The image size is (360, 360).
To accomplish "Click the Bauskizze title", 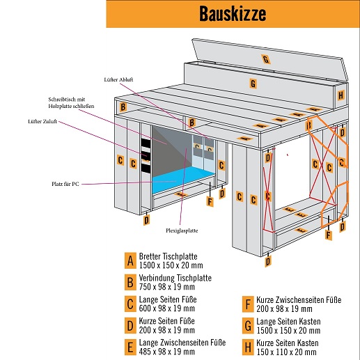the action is pyautogui.click(x=233, y=14).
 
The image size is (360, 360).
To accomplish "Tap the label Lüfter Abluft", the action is pyautogui.click(x=118, y=79).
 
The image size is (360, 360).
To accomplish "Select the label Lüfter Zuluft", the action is pyautogui.click(x=42, y=121).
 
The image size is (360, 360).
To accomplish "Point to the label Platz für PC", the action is pyautogui.click(x=65, y=184).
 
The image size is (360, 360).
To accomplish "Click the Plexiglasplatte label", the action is pyautogui.click(x=182, y=230).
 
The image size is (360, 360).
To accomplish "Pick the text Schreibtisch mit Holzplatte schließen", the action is pyautogui.click(x=71, y=102).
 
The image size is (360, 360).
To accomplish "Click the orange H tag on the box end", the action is pyautogui.click(x=341, y=95).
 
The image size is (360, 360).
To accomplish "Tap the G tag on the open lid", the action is pyautogui.click(x=266, y=59).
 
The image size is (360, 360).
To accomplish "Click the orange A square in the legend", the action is pyautogui.click(x=130, y=260).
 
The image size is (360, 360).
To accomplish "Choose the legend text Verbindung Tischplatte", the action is pyautogui.click(x=175, y=278).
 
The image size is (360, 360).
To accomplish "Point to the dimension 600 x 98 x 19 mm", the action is pyautogui.click(x=167, y=308).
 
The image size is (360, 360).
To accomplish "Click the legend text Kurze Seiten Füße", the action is pyautogui.click(x=166, y=321).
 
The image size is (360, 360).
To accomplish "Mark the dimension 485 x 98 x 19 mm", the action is pyautogui.click(x=167, y=352).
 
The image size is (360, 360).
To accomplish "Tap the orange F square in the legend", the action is pyautogui.click(x=248, y=304).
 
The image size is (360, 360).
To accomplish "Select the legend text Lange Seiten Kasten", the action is pyautogui.click(x=288, y=322).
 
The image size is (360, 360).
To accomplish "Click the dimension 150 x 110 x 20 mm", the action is pyautogui.click(x=286, y=352).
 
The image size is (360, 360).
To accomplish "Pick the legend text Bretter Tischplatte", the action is pyautogui.click(x=168, y=256).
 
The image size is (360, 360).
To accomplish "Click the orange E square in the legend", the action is pyautogui.click(x=130, y=347).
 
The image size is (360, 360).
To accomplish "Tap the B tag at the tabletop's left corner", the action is pyautogui.click(x=123, y=107).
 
